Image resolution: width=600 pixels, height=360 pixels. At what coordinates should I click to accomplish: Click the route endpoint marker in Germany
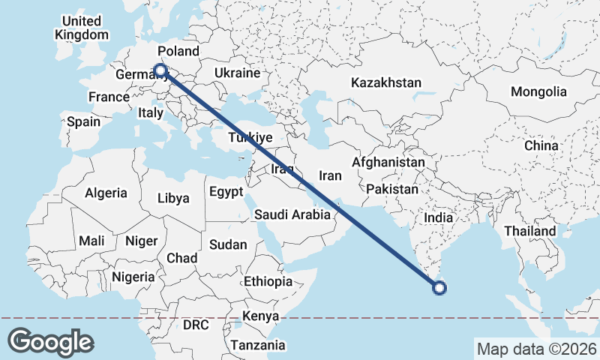[x=160, y=71]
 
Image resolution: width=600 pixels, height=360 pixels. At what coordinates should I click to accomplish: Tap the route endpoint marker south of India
[x=440, y=287]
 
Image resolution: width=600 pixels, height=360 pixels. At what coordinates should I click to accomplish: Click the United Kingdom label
[x=82, y=28]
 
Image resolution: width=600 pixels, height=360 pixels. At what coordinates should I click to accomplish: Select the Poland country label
[x=178, y=52]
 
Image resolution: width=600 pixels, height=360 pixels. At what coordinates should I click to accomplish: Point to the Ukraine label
[x=236, y=73]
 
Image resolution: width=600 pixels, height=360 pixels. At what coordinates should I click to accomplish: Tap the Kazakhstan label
[x=386, y=82]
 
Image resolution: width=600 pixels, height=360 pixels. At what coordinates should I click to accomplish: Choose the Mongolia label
[x=538, y=92]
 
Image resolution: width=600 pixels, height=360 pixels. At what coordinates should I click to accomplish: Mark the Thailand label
[x=530, y=231]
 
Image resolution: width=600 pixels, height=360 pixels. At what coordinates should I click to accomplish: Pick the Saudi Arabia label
[x=292, y=214]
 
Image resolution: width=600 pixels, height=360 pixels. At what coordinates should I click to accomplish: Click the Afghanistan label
[x=388, y=162]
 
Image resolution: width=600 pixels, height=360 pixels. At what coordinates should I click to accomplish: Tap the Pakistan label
[x=392, y=190]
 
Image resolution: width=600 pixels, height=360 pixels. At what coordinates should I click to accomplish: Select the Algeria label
[x=106, y=193]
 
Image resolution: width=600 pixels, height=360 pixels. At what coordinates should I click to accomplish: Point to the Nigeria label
[x=133, y=277]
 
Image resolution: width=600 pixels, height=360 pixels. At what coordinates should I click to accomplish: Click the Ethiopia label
[x=268, y=281]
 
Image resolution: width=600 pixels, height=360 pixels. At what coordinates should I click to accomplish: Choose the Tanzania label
[x=258, y=345]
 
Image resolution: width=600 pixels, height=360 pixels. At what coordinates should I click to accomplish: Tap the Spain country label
[x=83, y=121]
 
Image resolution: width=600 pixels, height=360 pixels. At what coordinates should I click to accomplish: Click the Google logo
[x=50, y=342]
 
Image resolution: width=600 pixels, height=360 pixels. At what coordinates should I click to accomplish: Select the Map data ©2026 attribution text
[x=536, y=349]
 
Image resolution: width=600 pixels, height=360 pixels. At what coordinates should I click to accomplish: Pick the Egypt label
[x=226, y=192]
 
